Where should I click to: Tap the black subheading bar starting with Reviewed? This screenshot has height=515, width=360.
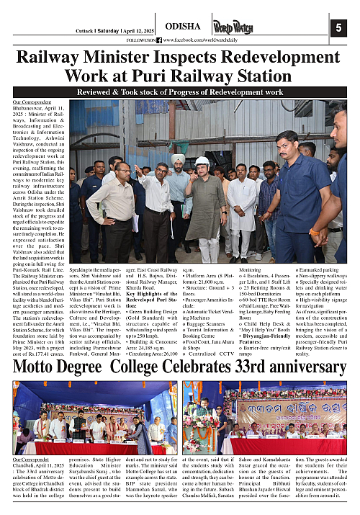180,93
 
